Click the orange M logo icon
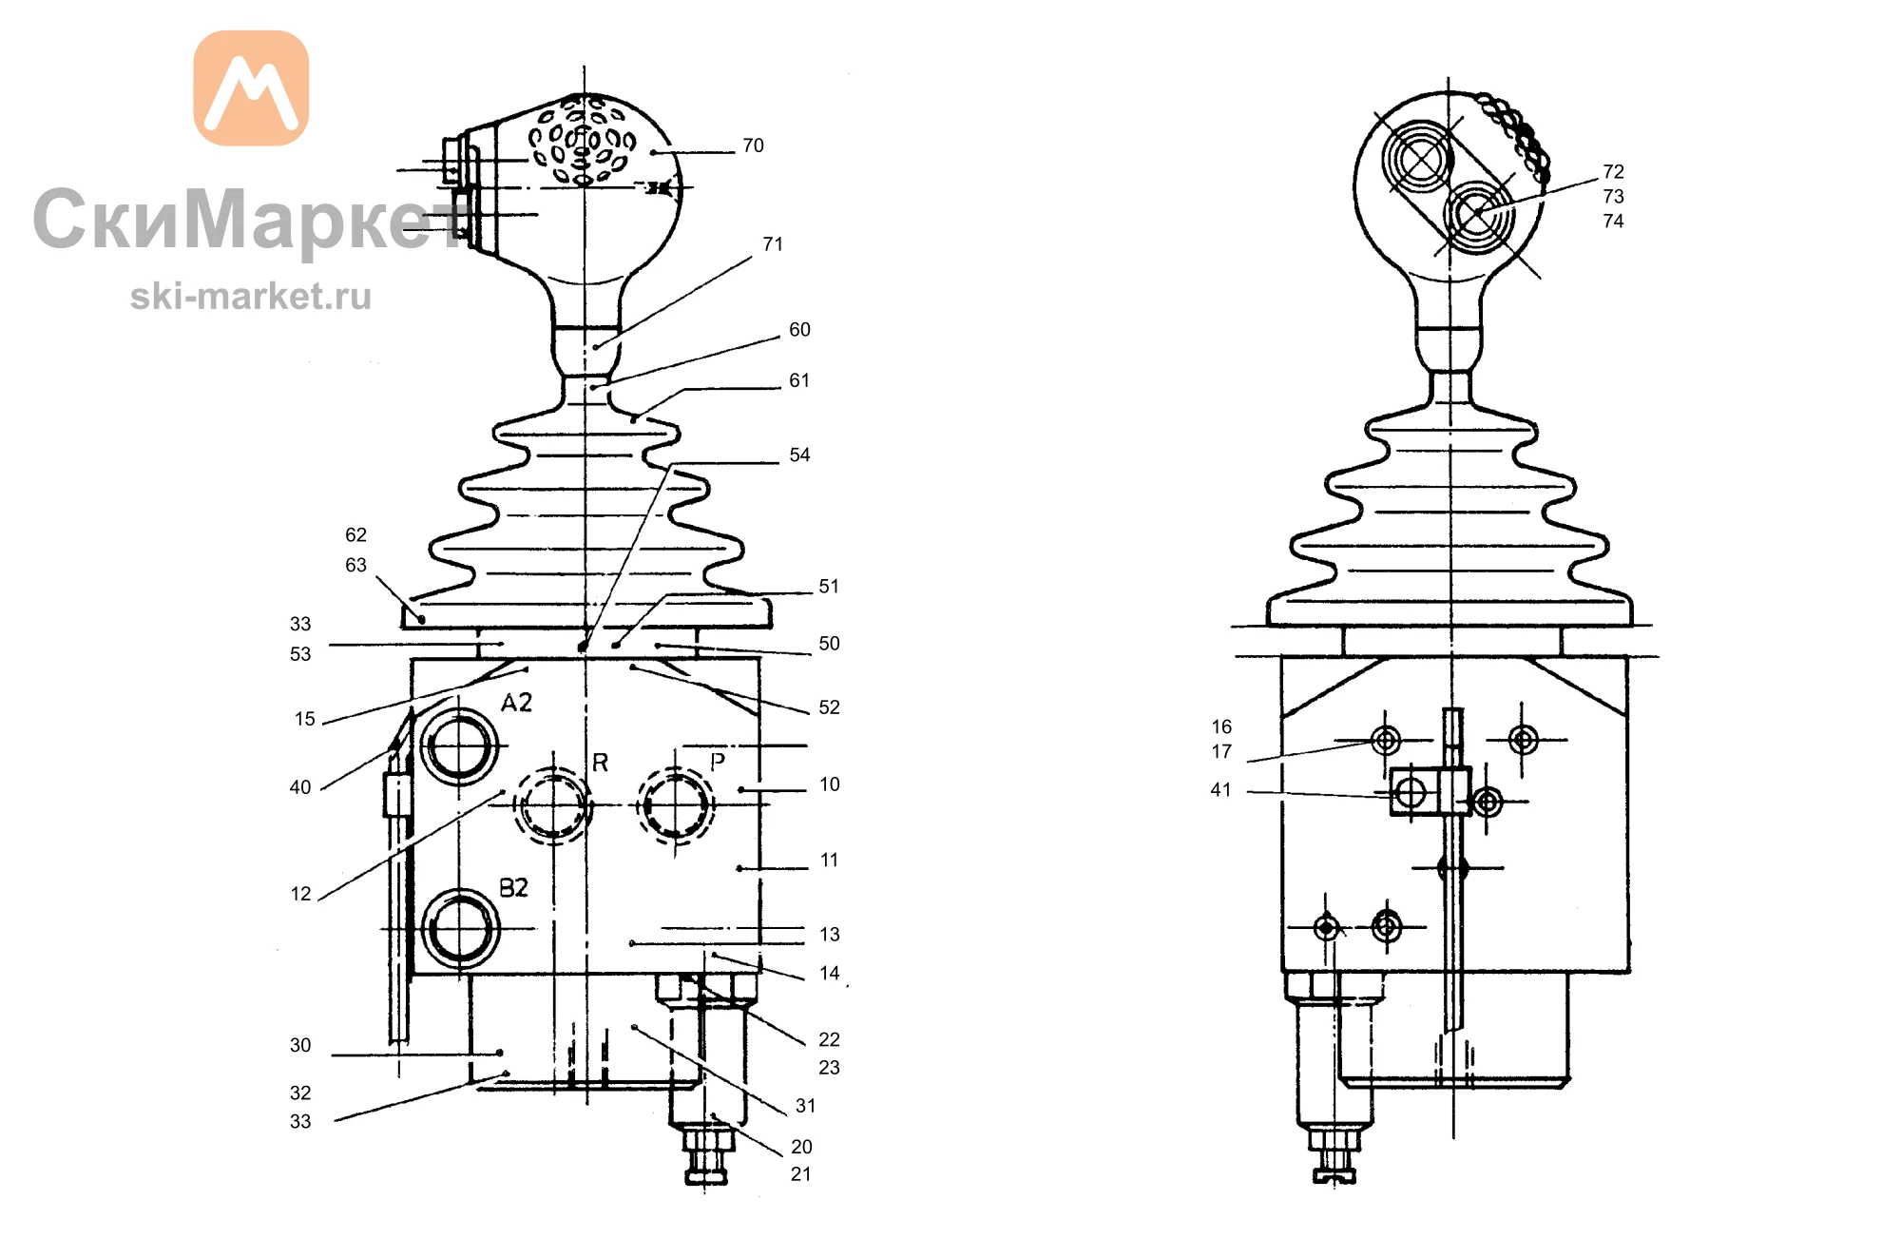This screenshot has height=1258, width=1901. tap(251, 87)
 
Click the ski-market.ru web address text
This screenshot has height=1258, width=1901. tap(251, 297)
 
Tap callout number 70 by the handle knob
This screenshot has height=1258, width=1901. tap(753, 145)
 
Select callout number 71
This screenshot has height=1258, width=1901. tap(773, 244)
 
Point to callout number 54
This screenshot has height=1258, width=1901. tap(799, 455)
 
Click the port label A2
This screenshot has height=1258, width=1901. tap(516, 703)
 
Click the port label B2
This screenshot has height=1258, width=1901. tap(513, 888)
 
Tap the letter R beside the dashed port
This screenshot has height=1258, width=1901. tap(600, 763)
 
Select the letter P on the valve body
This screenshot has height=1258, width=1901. tap(718, 761)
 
